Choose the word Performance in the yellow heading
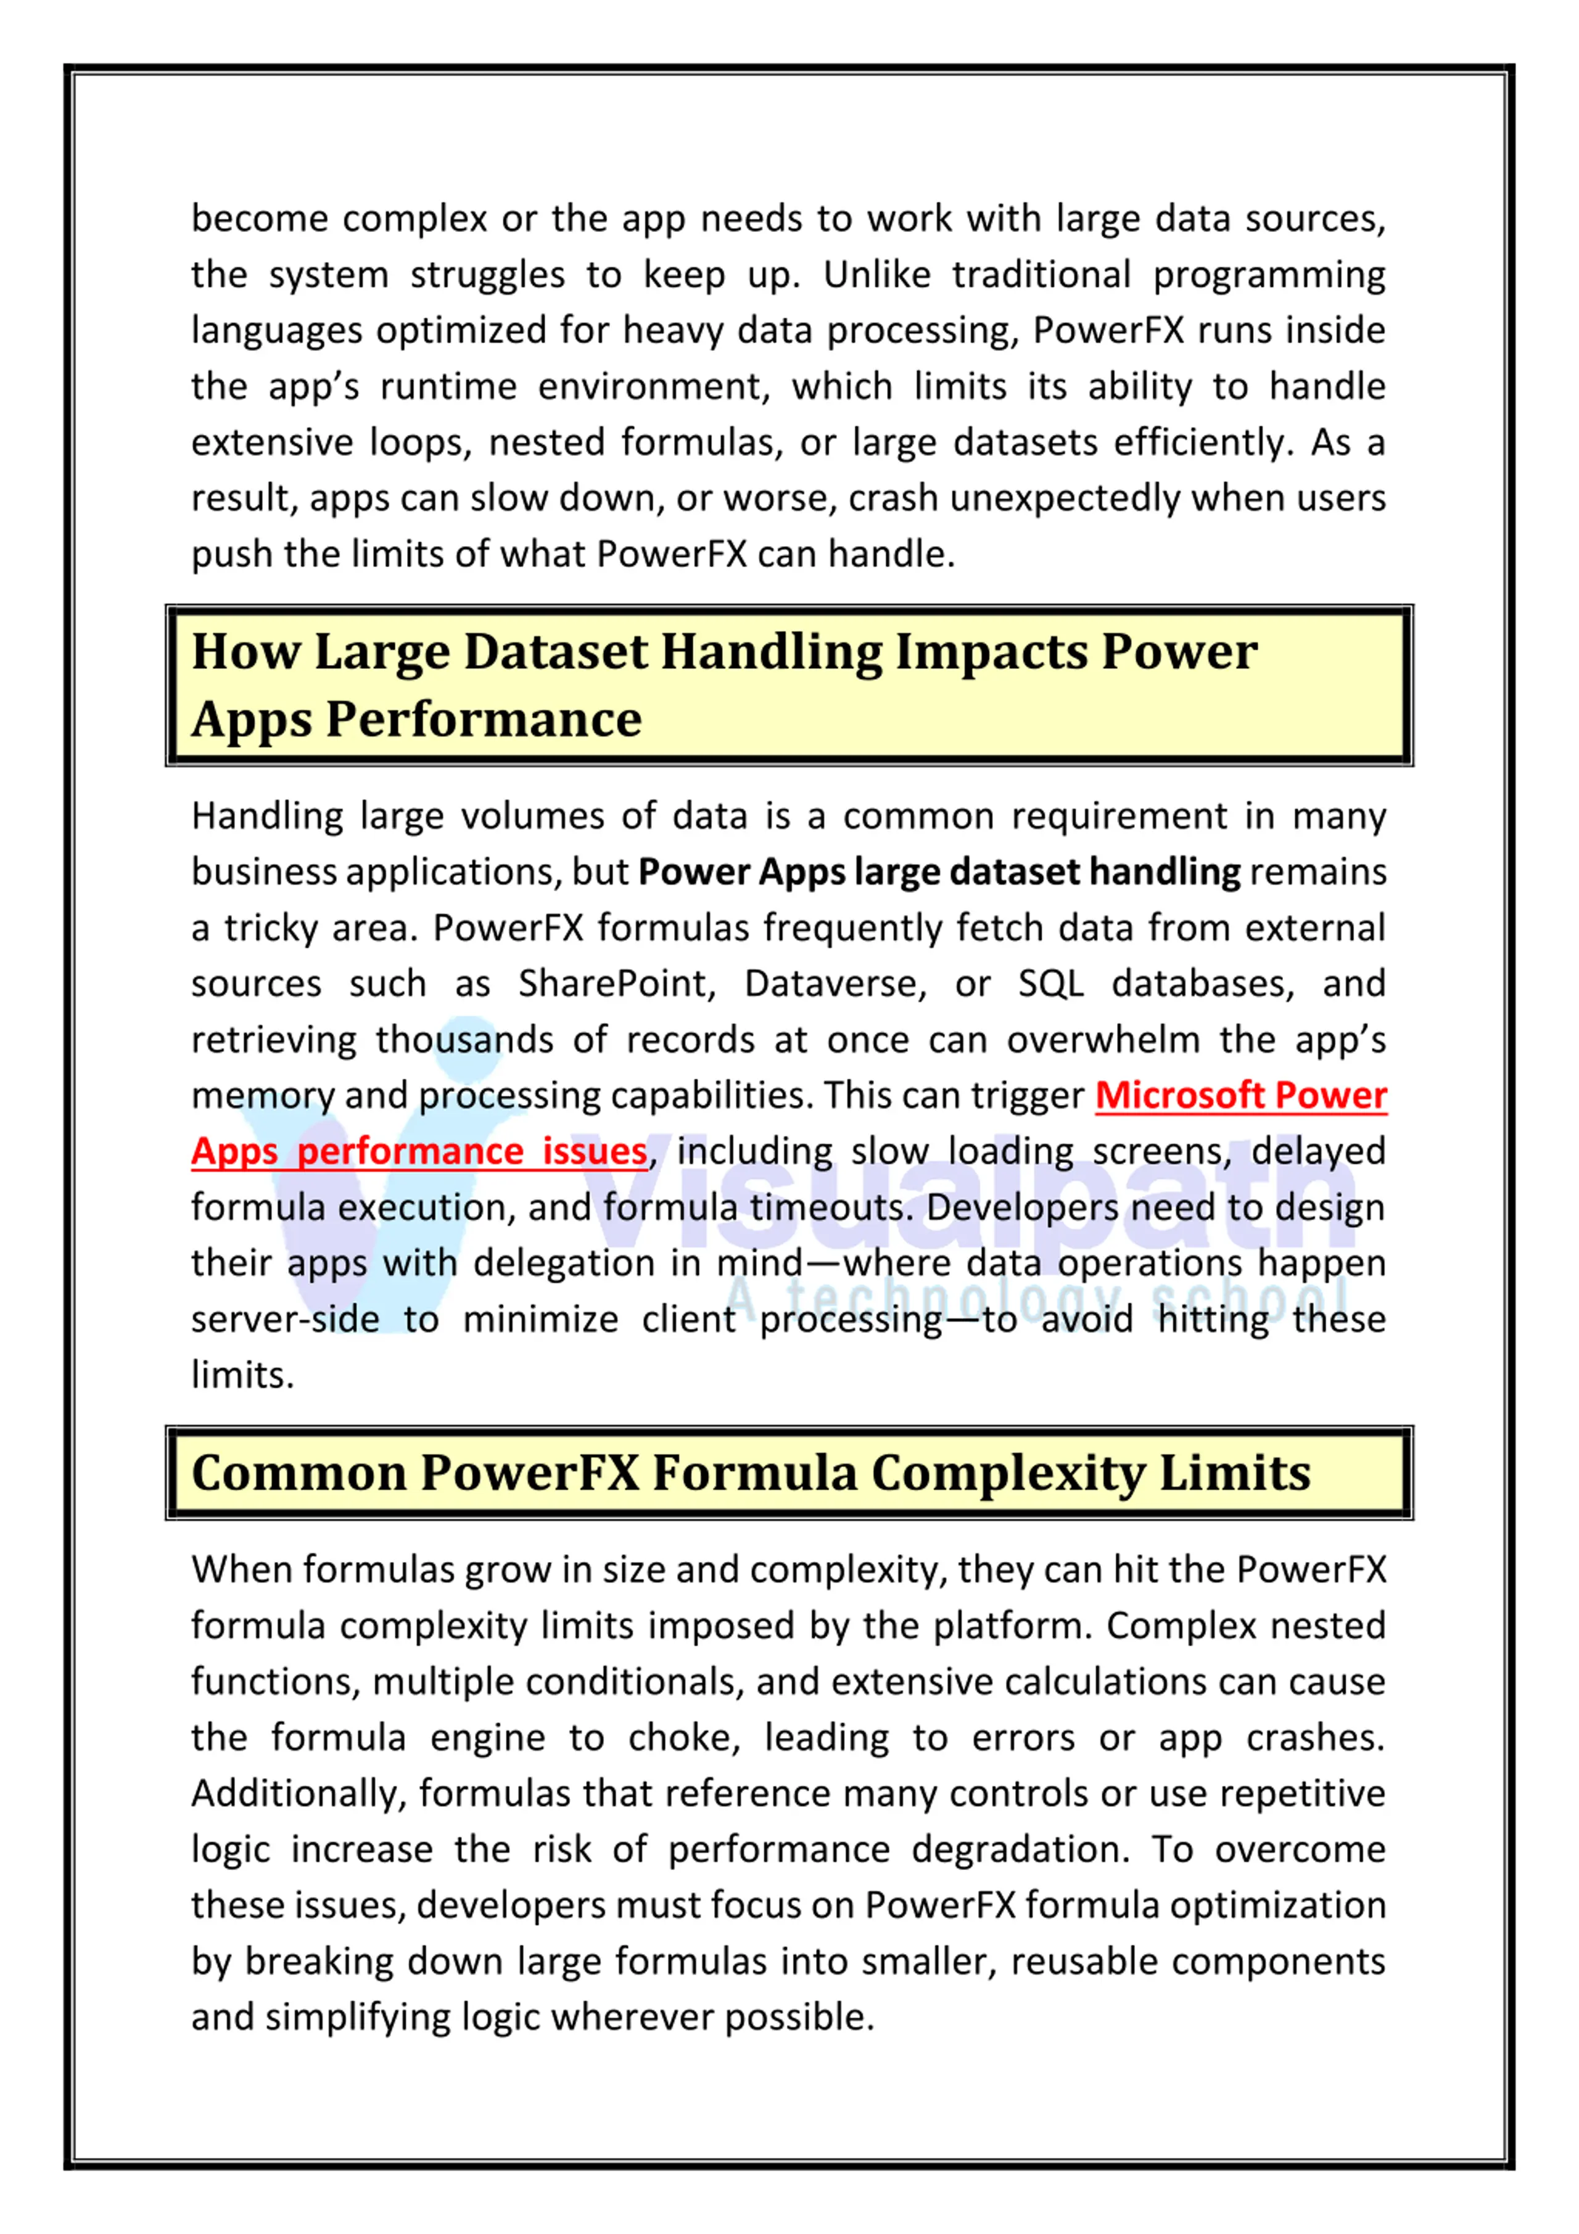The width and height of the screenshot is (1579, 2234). click(484, 720)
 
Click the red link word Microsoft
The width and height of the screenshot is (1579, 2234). click(1179, 1096)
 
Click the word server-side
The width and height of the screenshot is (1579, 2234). click(285, 1320)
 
